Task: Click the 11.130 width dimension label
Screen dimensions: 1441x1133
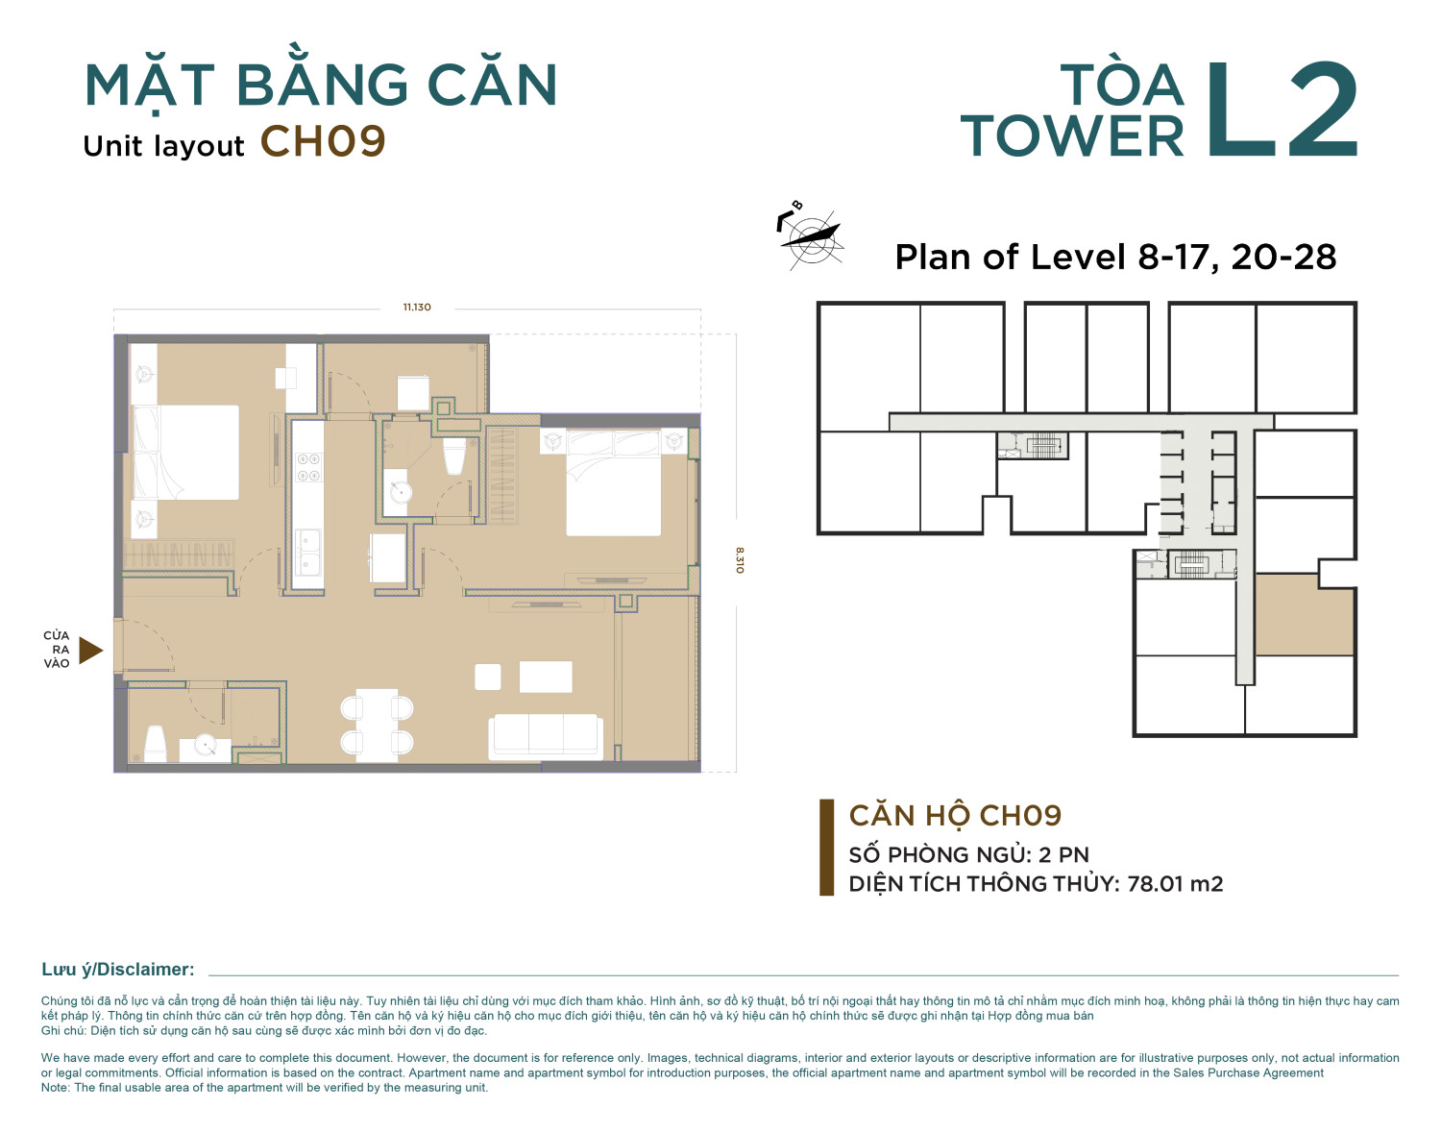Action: [x=417, y=308]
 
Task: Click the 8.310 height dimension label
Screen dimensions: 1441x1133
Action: [x=740, y=560]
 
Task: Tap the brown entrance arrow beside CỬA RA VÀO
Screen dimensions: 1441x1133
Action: [x=91, y=650]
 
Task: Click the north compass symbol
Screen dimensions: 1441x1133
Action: [x=810, y=235]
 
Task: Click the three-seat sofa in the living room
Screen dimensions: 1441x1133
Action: [x=546, y=737]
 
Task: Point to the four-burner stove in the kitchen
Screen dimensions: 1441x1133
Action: [x=308, y=467]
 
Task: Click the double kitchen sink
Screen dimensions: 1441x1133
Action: [x=307, y=552]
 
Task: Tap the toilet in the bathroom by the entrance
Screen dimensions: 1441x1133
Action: [x=155, y=744]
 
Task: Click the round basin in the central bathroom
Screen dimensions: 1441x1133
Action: [x=400, y=492]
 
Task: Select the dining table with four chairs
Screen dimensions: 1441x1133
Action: [x=377, y=725]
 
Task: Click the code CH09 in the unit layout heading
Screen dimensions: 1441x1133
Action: [x=323, y=141]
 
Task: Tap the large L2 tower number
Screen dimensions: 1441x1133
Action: [x=1282, y=110]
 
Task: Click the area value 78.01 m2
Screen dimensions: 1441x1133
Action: [x=1175, y=883]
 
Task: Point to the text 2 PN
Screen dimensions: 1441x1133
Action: [x=1063, y=854]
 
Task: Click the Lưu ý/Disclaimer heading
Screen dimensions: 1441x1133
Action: [x=118, y=970]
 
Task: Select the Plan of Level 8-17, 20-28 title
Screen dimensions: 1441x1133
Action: [x=1115, y=257]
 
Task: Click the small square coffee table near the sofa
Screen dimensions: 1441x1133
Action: [x=487, y=677]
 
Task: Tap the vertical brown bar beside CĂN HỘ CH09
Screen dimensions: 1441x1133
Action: [x=826, y=847]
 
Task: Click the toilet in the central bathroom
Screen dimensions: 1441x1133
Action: [x=453, y=456]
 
